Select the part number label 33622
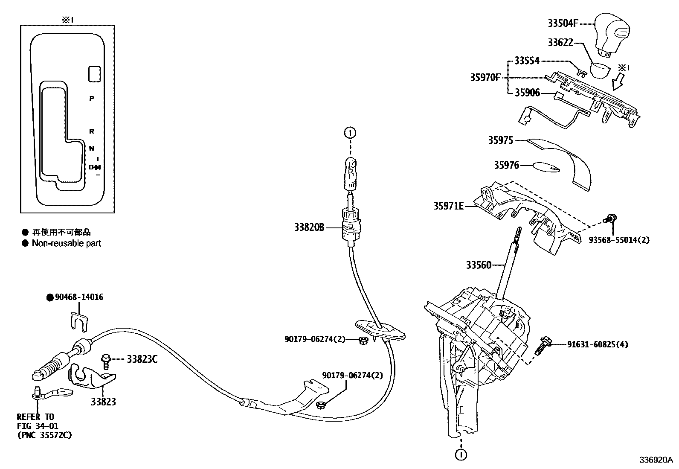(560, 43)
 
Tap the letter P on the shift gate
(91, 99)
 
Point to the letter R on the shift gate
(91, 131)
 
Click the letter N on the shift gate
(91, 149)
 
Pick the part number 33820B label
(309, 227)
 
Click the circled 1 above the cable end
(349, 133)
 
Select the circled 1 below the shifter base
(460, 455)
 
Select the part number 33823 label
(103, 402)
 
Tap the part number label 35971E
(448, 206)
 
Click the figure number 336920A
(655, 460)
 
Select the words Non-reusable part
(67, 243)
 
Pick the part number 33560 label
(479, 265)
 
